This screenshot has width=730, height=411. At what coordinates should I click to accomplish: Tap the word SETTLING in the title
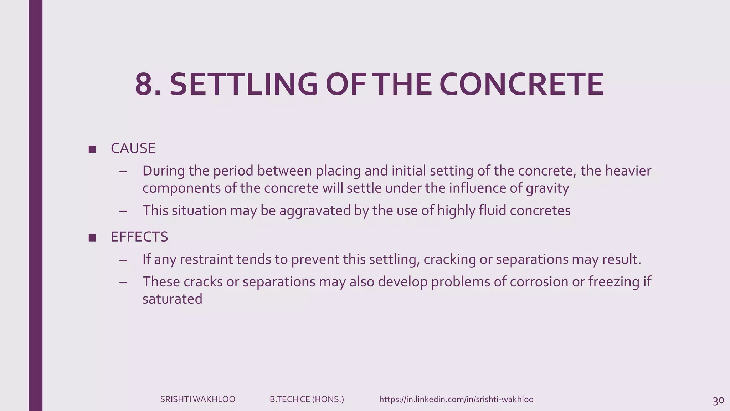(243, 85)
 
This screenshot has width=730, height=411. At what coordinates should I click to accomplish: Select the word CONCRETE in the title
(521, 85)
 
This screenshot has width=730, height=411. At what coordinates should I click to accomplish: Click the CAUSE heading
(133, 148)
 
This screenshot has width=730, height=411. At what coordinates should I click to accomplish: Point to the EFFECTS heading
(139, 237)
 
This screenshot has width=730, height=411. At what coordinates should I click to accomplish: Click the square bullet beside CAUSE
(92, 149)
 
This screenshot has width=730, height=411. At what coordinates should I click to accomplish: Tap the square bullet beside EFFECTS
(92, 238)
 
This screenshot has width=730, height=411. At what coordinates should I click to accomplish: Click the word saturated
(172, 299)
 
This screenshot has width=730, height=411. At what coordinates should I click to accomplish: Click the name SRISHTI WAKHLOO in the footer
(197, 400)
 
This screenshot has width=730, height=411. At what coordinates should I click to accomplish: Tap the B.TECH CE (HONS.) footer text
(307, 400)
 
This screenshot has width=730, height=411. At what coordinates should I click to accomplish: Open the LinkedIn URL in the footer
(456, 400)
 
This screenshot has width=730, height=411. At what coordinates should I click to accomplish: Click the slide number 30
(718, 401)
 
